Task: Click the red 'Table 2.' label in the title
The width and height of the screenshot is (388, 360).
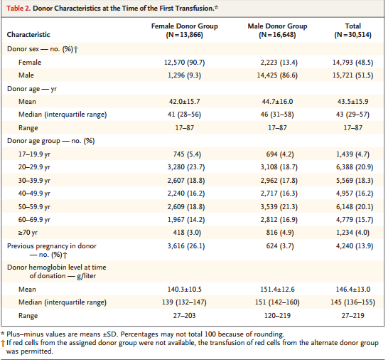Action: click(x=18, y=8)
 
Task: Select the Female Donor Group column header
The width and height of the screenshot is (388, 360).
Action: click(x=184, y=30)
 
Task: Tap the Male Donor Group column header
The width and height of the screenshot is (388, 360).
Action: click(x=277, y=30)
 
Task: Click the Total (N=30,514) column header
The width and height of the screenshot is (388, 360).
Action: click(x=353, y=30)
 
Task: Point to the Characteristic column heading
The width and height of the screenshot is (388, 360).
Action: click(x=28, y=34)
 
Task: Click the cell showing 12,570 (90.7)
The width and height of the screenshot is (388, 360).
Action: click(x=184, y=62)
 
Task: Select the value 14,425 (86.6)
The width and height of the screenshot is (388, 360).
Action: click(x=277, y=75)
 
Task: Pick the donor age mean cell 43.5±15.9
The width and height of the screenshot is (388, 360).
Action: click(x=353, y=101)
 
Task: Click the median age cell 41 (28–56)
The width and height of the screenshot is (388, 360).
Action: click(x=184, y=115)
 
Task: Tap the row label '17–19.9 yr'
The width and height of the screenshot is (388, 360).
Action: click(x=34, y=154)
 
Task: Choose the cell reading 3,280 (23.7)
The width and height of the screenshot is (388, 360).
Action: click(x=186, y=167)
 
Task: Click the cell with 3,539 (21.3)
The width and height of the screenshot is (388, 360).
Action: click(x=279, y=206)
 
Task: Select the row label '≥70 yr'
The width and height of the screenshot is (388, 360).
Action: click(x=28, y=233)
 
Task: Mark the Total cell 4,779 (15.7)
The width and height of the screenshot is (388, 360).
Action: click(x=355, y=220)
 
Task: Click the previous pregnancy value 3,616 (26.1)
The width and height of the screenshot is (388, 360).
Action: click(x=186, y=245)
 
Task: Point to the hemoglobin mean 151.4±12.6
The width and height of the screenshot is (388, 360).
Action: click(x=277, y=289)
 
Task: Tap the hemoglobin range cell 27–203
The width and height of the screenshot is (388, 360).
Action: click(x=184, y=315)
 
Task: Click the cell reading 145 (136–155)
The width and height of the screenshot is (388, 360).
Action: click(x=353, y=302)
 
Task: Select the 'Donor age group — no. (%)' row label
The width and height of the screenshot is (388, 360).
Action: click(x=51, y=141)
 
